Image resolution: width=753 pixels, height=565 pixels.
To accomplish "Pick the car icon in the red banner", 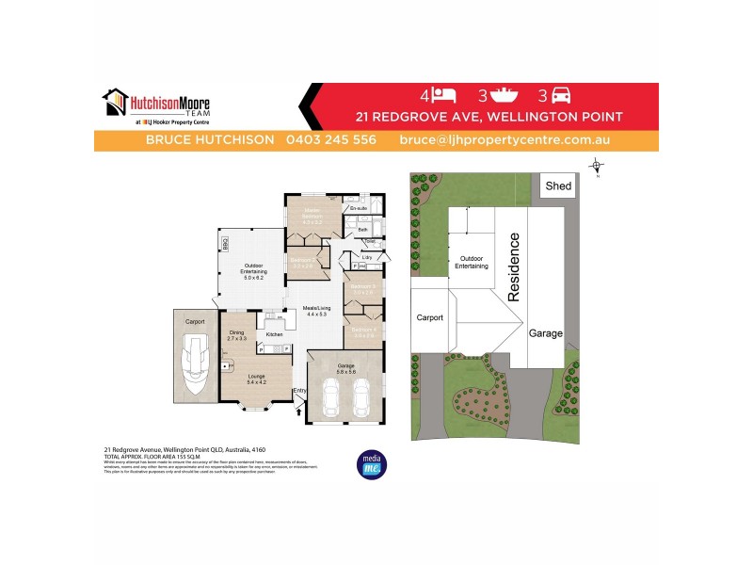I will [560, 96].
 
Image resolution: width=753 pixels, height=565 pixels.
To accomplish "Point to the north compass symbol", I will [596, 168].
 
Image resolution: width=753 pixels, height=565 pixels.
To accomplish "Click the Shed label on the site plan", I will [558, 186].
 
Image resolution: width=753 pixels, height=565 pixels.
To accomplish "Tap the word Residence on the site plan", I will [514, 268].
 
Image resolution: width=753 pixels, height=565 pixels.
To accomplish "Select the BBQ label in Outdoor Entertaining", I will [226, 245].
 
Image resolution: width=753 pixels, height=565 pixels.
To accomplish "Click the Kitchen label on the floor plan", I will [274, 334].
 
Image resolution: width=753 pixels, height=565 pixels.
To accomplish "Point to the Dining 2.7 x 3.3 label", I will [237, 334].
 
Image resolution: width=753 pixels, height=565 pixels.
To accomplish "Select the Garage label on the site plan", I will [546, 333].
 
